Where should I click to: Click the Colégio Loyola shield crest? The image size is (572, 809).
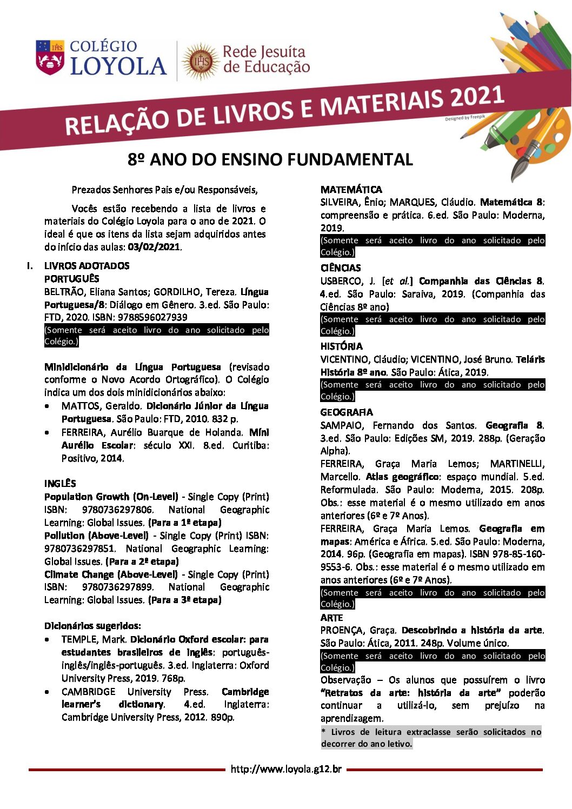click(x=50, y=57)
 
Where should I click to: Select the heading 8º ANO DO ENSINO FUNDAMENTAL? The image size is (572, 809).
click(x=270, y=159)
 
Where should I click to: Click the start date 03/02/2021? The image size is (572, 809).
click(x=154, y=247)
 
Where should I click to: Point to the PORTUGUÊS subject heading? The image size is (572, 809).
click(x=71, y=278)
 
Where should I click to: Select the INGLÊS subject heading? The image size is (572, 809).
click(x=60, y=483)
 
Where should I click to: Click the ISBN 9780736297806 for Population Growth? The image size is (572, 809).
click(x=117, y=510)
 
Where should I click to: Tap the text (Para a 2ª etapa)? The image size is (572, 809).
click(x=142, y=561)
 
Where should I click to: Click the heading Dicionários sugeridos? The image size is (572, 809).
click(x=92, y=626)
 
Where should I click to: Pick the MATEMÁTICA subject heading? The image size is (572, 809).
click(x=351, y=190)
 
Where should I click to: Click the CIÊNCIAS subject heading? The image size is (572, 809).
click(x=340, y=268)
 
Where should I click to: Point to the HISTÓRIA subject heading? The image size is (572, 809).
click(x=341, y=346)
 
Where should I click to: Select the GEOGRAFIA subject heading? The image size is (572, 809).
click(x=346, y=412)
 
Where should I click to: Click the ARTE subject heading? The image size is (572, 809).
click(x=331, y=617)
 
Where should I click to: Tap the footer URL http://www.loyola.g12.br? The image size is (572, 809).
click(x=286, y=769)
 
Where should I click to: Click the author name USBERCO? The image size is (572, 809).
click(x=340, y=281)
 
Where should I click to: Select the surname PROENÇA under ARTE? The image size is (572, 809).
click(x=342, y=630)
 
